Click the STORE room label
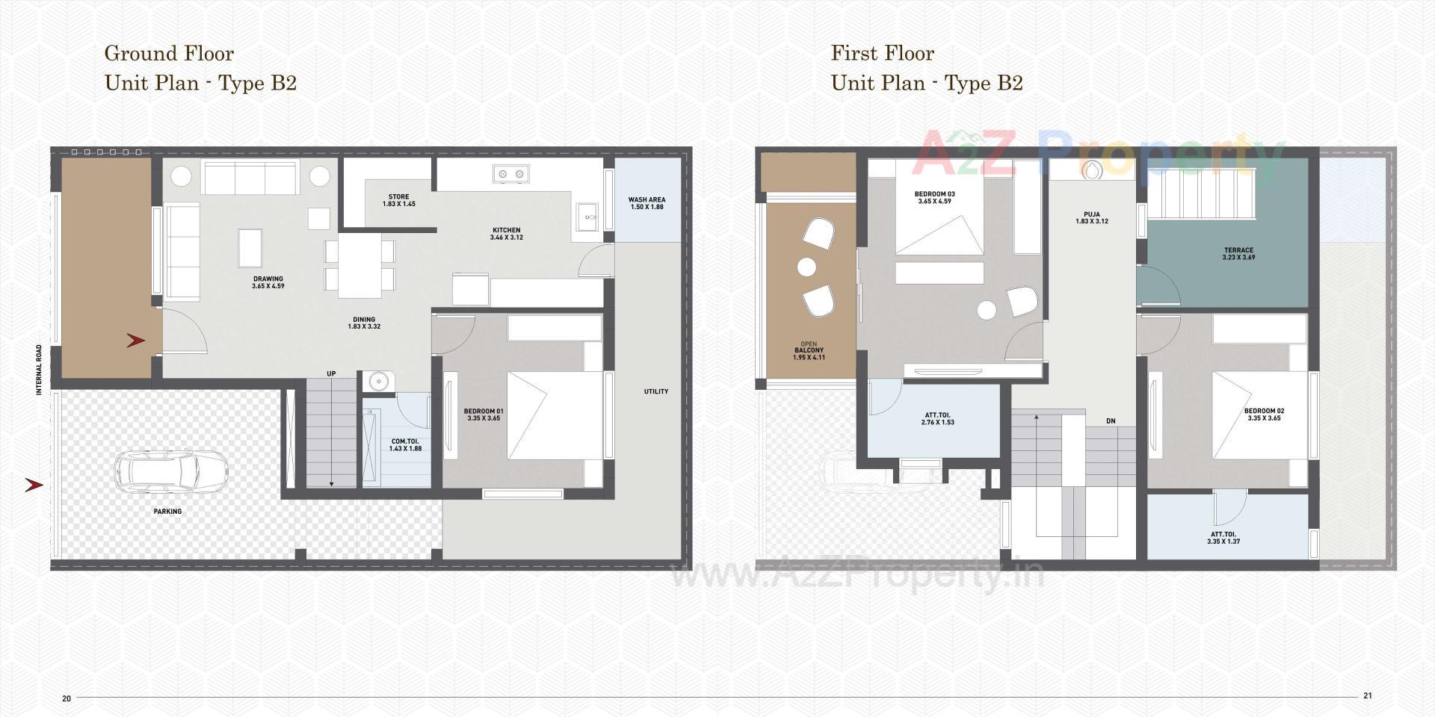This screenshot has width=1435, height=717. pos(398,200)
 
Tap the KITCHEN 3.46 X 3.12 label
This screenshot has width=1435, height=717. pos(506,234)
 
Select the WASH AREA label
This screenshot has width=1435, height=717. pos(646,203)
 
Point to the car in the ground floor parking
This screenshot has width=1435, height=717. pos(170,471)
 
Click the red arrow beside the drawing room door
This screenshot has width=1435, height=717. pos(135,341)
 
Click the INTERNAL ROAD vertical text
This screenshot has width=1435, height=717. pos(40,369)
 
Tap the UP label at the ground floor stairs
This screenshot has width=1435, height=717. pos(331,374)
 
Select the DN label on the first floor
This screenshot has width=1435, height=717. pos(1111,421)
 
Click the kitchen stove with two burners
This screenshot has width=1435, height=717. pos(511,174)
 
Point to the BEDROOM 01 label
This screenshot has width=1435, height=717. pos(484,415)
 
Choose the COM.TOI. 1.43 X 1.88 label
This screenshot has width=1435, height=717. pos(406,445)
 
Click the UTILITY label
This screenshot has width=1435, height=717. pos(656,391)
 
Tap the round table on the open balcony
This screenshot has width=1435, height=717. pos(806,266)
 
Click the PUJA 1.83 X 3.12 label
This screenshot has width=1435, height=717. pos(1091,218)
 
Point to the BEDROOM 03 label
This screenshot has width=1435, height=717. pos(934,197)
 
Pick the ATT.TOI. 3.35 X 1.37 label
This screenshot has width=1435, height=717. pos(1223,538)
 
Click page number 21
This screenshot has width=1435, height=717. pos(1368,695)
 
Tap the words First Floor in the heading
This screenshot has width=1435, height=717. pos(882,53)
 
